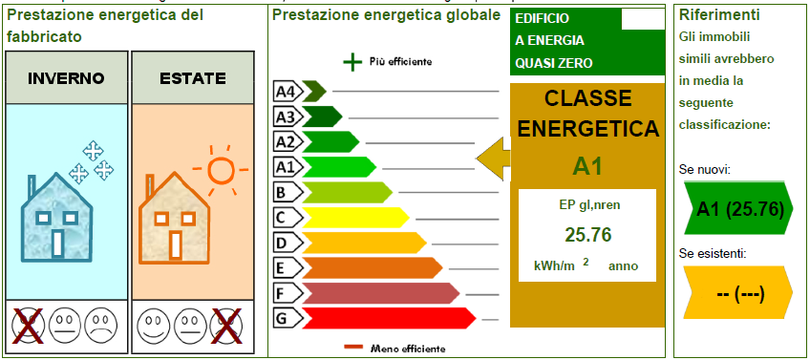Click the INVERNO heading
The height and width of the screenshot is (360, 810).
(66, 78)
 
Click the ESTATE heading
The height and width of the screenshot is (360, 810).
(193, 78)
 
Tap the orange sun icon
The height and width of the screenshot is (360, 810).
(221, 169)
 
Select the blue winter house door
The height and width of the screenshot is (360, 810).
(57, 244)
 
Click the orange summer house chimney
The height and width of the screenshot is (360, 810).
(150, 184)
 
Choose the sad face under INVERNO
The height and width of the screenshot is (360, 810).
(98, 326)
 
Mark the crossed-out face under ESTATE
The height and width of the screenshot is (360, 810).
(225, 326)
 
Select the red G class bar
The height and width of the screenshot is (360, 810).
(389, 318)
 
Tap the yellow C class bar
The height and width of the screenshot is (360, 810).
(355, 218)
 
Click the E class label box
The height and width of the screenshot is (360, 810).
(288, 268)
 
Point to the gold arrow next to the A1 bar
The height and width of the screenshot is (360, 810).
(493, 159)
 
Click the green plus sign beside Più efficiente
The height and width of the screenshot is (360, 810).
(352, 62)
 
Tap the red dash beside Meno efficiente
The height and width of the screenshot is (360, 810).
(354, 348)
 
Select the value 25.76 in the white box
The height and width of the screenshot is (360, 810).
(587, 235)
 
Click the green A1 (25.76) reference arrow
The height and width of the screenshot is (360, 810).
(737, 207)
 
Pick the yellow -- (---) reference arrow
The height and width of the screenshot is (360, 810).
(737, 292)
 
